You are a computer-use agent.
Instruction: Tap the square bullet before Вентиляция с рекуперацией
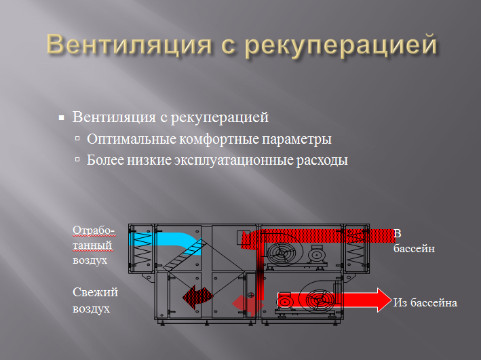[62, 118]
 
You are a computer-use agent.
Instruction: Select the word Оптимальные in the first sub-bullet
[125, 140]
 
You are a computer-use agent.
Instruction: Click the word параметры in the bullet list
[299, 140]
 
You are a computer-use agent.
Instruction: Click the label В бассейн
[413, 241]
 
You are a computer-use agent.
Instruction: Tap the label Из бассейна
[425, 302]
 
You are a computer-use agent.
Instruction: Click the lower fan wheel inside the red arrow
[317, 300]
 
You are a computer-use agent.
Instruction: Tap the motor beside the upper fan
[316, 254]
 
